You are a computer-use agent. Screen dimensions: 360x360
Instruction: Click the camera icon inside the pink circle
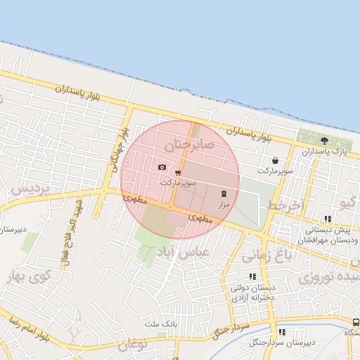coord(162,167)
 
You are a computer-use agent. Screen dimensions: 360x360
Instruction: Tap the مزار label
coord(224,205)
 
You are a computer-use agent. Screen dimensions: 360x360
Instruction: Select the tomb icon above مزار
coord(224,193)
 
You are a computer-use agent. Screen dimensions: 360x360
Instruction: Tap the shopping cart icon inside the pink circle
coord(178,172)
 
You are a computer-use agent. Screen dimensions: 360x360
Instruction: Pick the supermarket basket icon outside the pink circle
coord(274,160)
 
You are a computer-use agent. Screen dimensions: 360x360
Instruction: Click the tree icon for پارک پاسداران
coord(324,141)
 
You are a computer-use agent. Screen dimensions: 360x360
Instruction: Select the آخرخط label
coord(285,205)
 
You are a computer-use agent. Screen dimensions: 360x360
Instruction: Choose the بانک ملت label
coord(160,323)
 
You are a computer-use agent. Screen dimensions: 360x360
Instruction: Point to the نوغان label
coord(133,345)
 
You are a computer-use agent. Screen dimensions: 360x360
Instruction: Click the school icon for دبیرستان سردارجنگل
coord(282,332)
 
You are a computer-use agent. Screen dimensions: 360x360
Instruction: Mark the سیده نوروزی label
coord(328,276)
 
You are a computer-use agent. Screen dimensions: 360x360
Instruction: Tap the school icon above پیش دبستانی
coord(328,219)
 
